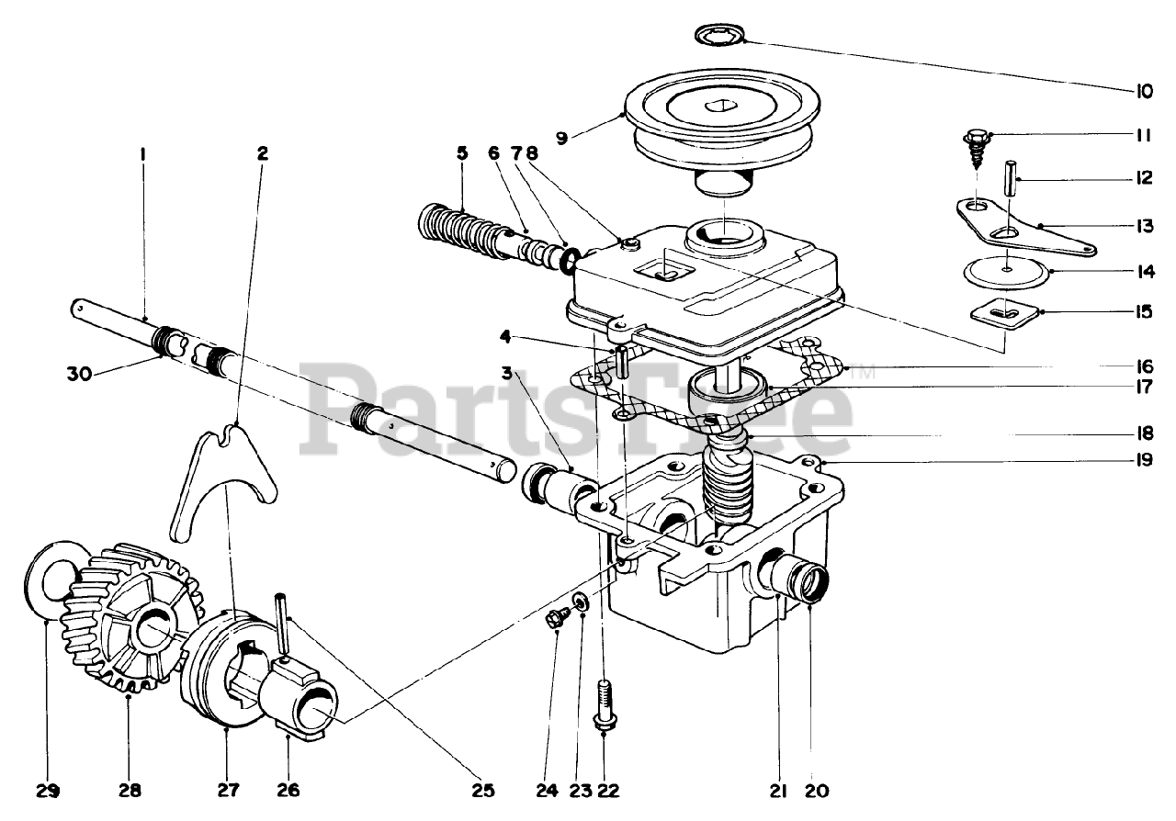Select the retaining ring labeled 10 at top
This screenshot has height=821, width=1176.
[x=718, y=37]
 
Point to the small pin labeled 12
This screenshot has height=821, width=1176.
[x=1008, y=177]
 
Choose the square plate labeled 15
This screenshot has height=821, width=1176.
[x=1005, y=313]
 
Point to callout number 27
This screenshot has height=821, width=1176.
[x=226, y=790]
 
